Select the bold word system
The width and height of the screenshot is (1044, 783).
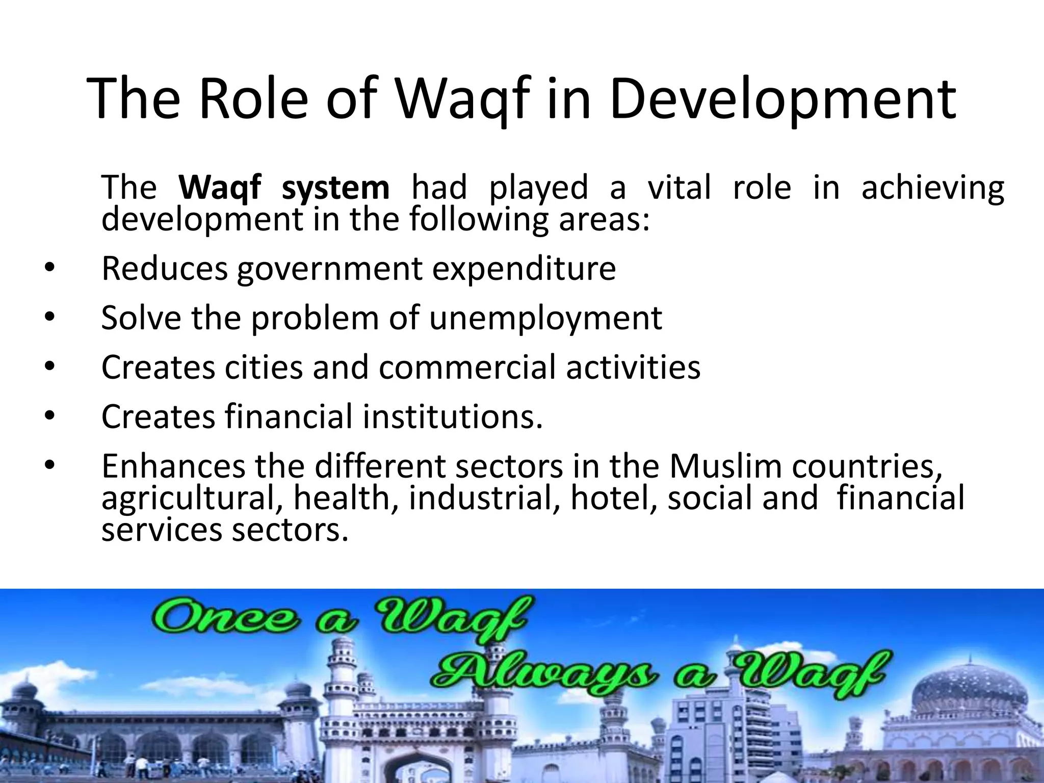pyautogui.click(x=335, y=188)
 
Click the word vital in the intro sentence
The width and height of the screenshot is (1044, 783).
pyautogui.click(x=679, y=187)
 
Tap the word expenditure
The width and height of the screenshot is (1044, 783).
pyautogui.click(x=524, y=269)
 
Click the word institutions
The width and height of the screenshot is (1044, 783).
pyautogui.click(x=452, y=416)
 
